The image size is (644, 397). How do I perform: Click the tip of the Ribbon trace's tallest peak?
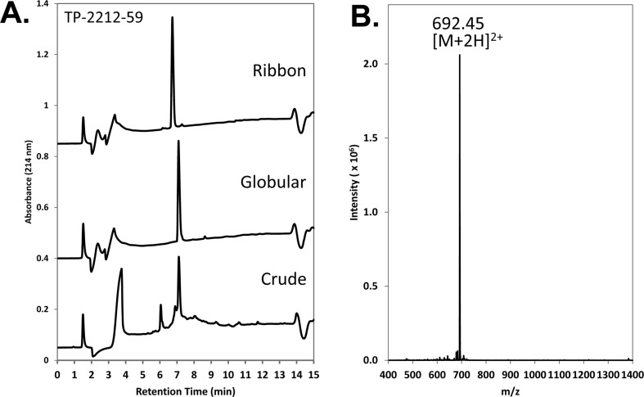(172, 18)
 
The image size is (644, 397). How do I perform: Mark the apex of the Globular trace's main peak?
(178, 142)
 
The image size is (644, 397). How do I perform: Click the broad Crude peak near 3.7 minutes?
(121, 269)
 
